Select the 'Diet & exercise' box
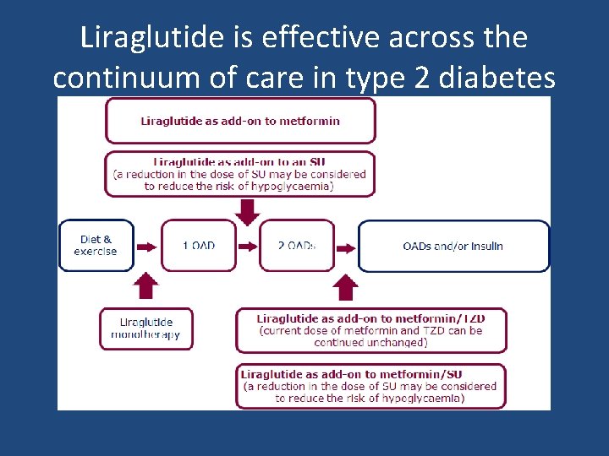96,246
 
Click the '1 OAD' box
199,246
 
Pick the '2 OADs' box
297,246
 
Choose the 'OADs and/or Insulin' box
453,246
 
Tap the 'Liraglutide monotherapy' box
145,328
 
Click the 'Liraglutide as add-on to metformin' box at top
240,121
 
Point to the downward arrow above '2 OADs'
248,211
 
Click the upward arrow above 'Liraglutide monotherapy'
146,285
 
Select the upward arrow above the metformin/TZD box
345,286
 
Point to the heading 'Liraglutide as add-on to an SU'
240,161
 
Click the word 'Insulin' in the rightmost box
486,246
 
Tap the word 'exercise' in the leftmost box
96,252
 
